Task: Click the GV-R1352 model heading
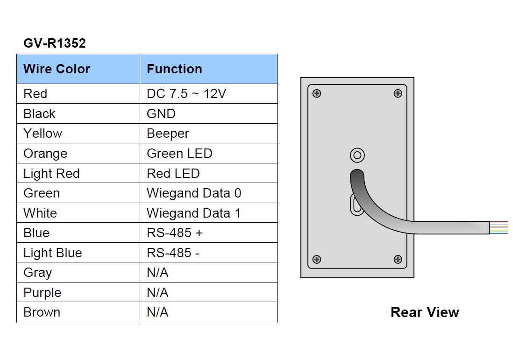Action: pos(55,43)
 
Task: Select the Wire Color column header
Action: pos(57,69)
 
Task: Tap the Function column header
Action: pos(174,69)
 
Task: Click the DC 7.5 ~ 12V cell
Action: pos(186,94)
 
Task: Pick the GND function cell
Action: pos(161,114)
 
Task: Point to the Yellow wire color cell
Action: pos(43,134)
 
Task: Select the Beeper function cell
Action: pos(168,134)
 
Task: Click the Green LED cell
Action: pos(179,154)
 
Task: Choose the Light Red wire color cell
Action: pos(51,174)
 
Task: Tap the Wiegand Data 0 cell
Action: pos(193,193)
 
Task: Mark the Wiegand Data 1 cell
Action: pos(193,213)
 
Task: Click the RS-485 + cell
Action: pos(175,233)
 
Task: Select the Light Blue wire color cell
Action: pos(52,253)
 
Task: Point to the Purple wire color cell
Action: pos(42,293)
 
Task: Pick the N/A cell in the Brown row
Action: pos(157,312)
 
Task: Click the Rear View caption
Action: pos(425,312)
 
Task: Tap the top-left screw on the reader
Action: pos(317,93)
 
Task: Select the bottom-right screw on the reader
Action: pos(398,260)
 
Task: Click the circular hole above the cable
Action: pos(357,155)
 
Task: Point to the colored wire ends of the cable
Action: pos(499,227)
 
